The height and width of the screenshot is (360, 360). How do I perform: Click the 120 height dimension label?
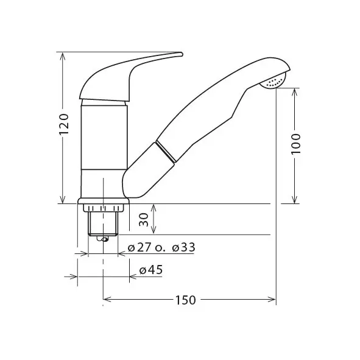pyautogui.click(x=64, y=124)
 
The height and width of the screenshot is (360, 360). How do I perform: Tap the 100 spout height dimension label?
pyautogui.click(x=295, y=144)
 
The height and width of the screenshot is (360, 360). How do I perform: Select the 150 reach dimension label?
pyautogui.click(x=186, y=300)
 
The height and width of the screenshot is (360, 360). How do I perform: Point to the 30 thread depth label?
pyautogui.click(x=144, y=219)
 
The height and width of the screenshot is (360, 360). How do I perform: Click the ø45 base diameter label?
pyautogui.click(x=151, y=270)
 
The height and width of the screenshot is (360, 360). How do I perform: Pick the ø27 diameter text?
pyautogui.click(x=139, y=247)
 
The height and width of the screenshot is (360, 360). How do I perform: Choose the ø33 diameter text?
pyautogui.click(x=184, y=247)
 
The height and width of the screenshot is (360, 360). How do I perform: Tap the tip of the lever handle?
pyautogui.click(x=182, y=54)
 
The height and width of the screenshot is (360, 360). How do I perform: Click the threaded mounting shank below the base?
pyautogui.click(x=103, y=224)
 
